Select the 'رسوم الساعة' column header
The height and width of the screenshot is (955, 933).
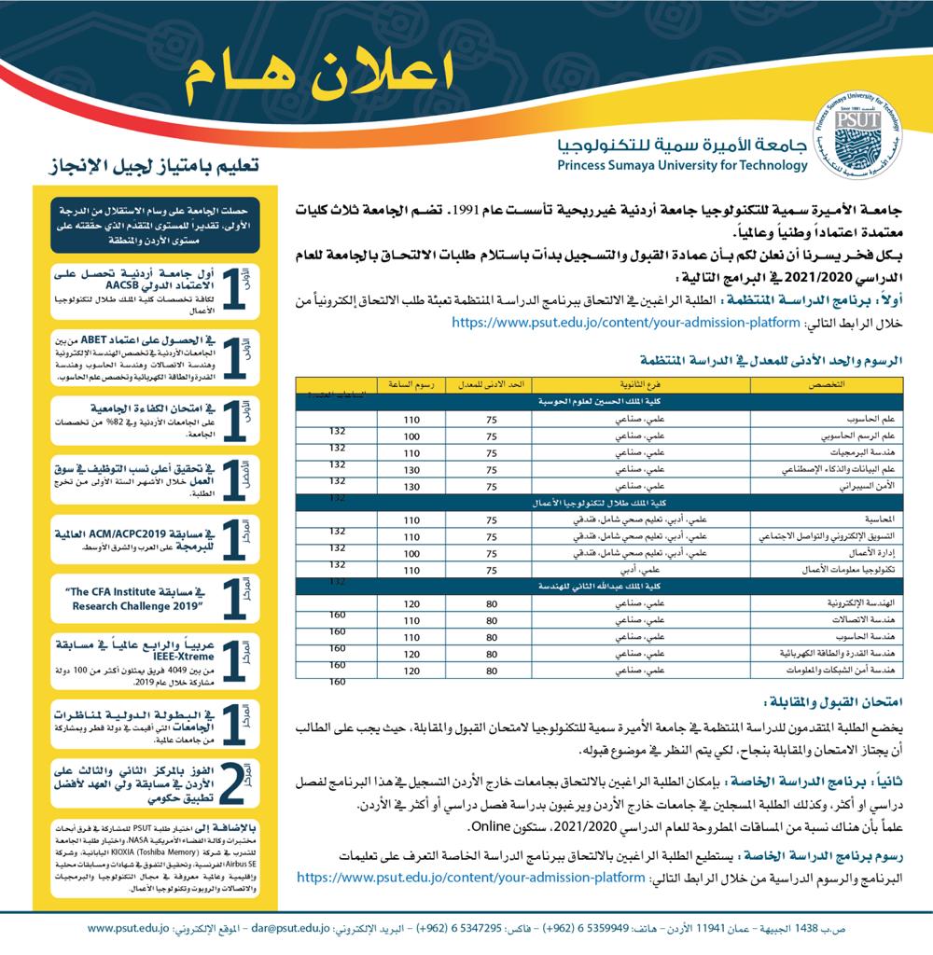[411, 384]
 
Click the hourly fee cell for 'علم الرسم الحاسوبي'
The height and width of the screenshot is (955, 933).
[411, 436]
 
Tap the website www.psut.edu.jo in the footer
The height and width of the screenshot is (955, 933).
[129, 929]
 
